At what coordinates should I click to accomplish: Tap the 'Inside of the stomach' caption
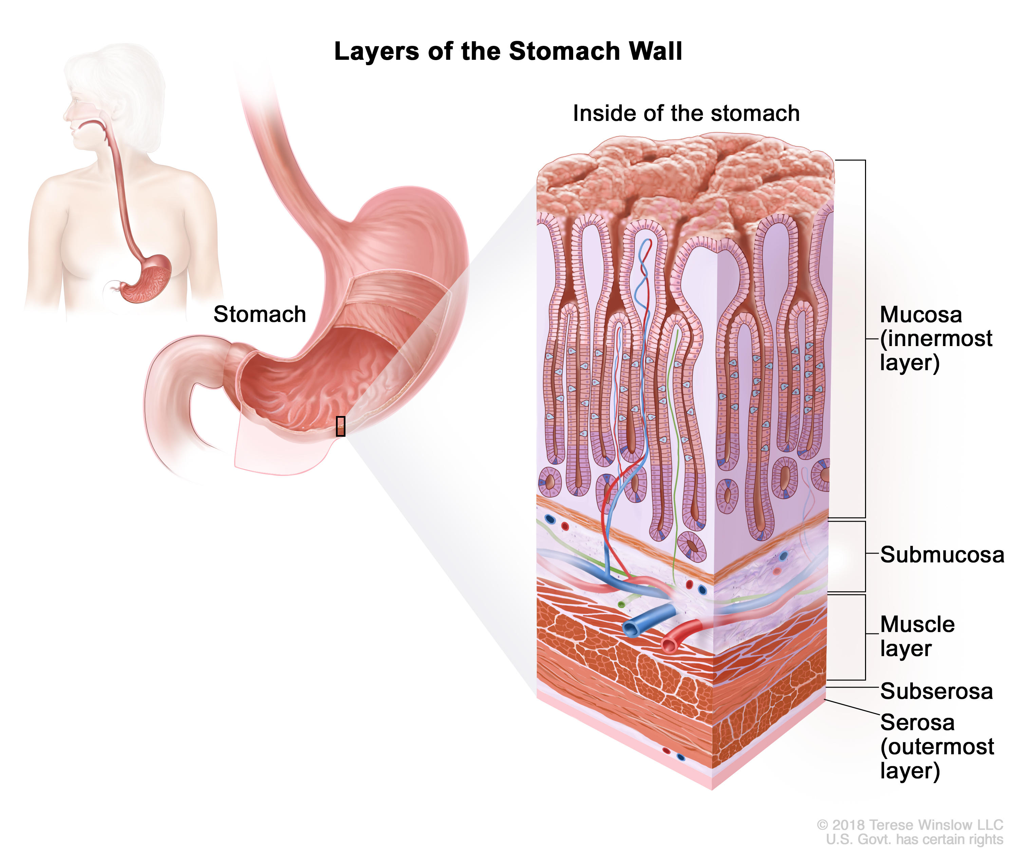tap(686, 114)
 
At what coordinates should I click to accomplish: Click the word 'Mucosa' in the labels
tap(921, 315)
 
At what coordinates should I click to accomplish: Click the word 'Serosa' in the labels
tap(917, 722)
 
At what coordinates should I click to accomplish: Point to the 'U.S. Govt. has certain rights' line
tap(914, 840)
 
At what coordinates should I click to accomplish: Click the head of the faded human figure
tap(113, 93)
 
